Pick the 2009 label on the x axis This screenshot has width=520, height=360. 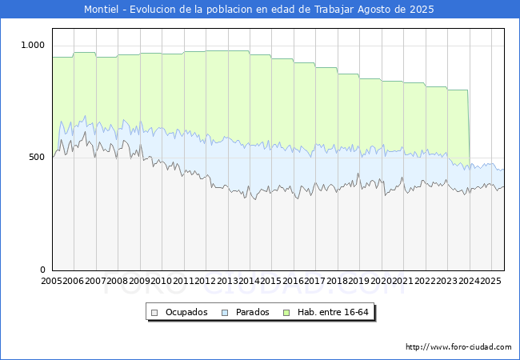pos(139,282)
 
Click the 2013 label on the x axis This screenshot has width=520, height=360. pos(227,282)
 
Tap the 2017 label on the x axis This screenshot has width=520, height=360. pos(315,282)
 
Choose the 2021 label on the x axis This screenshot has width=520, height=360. pos(402,282)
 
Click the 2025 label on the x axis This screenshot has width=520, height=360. pos(490,282)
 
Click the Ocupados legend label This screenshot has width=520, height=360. pos(186,312)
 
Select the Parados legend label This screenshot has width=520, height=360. pos(252,312)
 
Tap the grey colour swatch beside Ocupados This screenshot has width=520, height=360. pos(155,312)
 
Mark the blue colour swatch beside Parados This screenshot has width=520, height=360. pos(226,312)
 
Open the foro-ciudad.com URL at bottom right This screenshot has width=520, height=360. pos(458,347)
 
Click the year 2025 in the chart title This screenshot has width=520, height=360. pos(422,10)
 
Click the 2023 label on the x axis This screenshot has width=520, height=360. pos(446,282)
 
